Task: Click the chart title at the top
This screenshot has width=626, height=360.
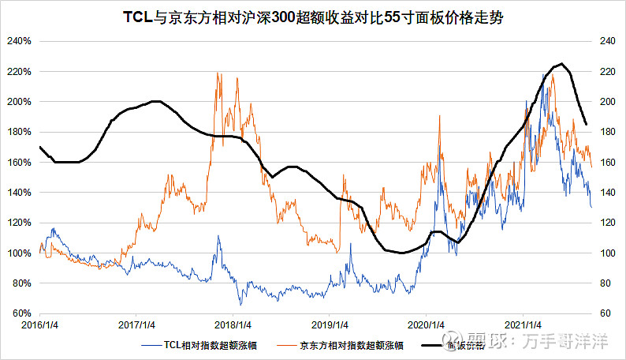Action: pyautogui.click(x=313, y=17)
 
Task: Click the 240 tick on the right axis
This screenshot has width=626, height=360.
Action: pyautogui.click(x=608, y=41)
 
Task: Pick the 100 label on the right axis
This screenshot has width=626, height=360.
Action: pyautogui.click(x=608, y=253)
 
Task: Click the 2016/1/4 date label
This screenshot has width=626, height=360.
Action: pyautogui.click(x=40, y=324)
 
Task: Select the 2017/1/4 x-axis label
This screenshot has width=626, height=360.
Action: pyautogui.click(x=136, y=324)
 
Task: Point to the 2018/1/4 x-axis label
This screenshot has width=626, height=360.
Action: pyautogui.click(x=233, y=324)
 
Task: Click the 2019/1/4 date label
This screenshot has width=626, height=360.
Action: pyautogui.click(x=330, y=324)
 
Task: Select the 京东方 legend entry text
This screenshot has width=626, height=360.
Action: pyautogui.click(x=346, y=344)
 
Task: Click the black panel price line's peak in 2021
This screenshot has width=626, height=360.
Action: pyautogui.click(x=561, y=64)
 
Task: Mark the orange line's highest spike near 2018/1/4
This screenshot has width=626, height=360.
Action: pyautogui.click(x=217, y=73)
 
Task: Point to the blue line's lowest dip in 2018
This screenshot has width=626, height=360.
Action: pyautogui.click(x=240, y=304)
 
